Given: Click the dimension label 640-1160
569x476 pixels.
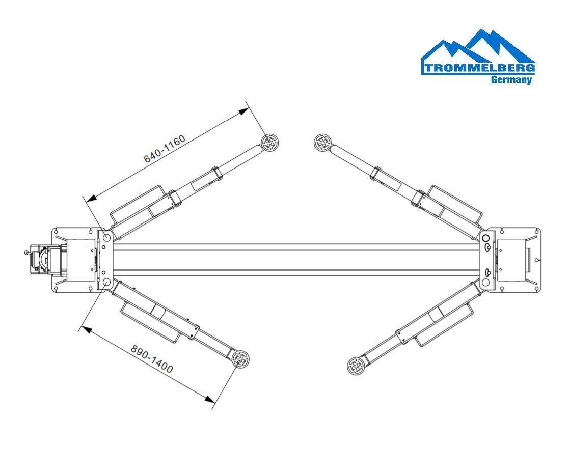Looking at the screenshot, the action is [x=165, y=149].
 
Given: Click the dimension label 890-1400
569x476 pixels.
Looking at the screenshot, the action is [x=152, y=359].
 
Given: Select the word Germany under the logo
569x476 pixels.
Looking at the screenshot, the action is [x=511, y=80].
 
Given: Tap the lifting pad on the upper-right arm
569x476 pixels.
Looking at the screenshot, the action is [x=322, y=143].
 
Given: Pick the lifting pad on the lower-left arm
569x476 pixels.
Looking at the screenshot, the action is [x=240, y=359].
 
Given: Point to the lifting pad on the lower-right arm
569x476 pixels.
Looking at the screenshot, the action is [x=356, y=366].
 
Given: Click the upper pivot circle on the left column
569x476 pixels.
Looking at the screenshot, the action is [x=107, y=237].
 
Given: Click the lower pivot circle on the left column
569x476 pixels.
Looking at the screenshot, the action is [x=107, y=282].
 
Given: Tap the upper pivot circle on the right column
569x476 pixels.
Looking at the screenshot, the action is [x=486, y=238].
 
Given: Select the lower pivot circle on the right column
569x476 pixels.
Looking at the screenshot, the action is [x=486, y=282].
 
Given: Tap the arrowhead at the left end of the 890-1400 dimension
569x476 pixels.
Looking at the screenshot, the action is [x=86, y=329].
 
